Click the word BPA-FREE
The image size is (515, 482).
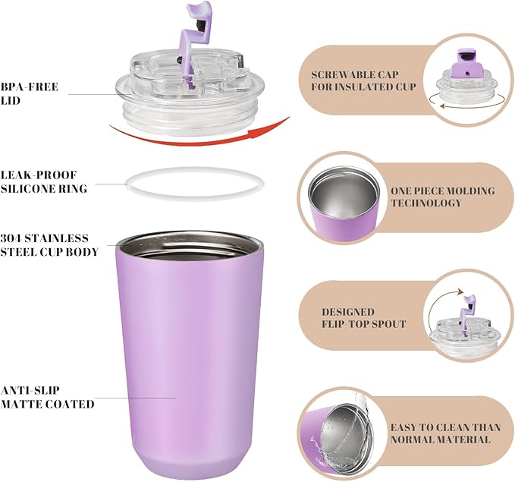point(30,87)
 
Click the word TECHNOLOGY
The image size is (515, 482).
point(426,203)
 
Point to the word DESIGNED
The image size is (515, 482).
point(348,312)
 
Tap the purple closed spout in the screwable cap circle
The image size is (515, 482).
point(466,64)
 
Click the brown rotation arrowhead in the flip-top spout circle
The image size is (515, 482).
point(460,291)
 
